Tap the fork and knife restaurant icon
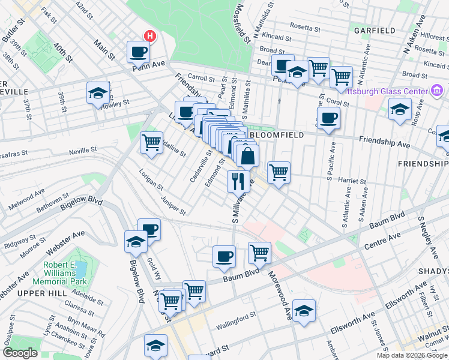point(238,181)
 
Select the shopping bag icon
point(247,157)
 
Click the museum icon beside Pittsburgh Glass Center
point(438,91)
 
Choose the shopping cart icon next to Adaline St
point(151,143)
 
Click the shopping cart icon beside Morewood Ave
point(259,252)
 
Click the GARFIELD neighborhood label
point(375,30)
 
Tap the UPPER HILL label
point(34,292)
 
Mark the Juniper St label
point(173,206)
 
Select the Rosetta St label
point(306,26)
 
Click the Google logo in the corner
point(20,353)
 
